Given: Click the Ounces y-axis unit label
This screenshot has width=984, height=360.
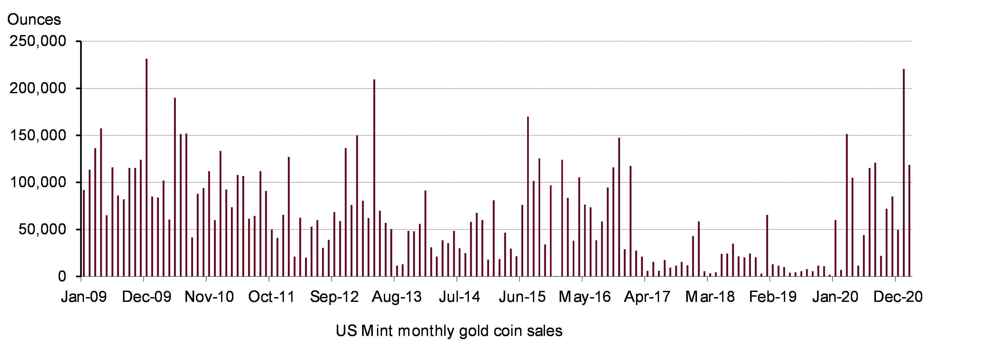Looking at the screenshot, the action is coord(34,19).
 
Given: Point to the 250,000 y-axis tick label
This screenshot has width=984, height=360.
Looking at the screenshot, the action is coord(38,41).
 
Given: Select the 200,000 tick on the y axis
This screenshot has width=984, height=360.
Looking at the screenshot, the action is coord(38,88).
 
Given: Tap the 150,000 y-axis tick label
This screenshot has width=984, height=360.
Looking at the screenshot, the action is coord(38,135).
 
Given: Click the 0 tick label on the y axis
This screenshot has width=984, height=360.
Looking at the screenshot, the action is coord(62,276).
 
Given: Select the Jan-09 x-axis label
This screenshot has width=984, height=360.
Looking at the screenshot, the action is coord(84,297).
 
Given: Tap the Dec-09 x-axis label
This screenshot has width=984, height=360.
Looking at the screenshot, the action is coord(147,297).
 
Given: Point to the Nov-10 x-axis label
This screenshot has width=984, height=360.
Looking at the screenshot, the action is coord(209,297).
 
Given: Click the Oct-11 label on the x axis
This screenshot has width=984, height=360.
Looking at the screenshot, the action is coord(272,297).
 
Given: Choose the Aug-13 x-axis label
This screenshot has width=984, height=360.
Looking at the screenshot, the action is coord(397,297).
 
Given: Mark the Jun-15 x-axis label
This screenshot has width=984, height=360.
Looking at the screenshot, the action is coord(522,297).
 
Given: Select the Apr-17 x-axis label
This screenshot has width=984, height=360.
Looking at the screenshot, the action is coord(648,297).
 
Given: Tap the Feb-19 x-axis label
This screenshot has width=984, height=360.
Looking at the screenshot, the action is coord(773,297).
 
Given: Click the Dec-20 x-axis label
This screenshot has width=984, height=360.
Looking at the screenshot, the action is coord(898,297).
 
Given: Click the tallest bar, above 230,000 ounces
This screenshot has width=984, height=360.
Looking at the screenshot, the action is coord(147,167).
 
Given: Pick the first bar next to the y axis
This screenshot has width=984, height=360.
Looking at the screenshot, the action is coord(84,233).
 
